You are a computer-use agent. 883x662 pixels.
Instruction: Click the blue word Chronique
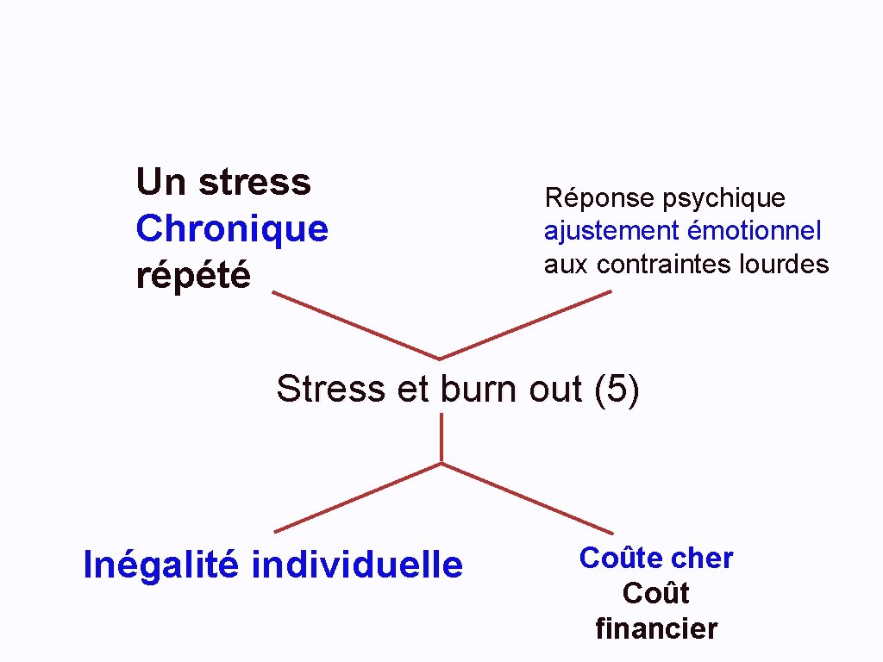click(x=232, y=229)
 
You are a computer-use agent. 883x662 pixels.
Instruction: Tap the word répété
click(x=193, y=276)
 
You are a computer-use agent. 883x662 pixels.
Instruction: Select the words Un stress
click(x=223, y=182)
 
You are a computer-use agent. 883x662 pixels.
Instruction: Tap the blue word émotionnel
click(x=755, y=231)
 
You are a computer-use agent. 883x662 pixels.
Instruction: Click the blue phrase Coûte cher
click(x=656, y=559)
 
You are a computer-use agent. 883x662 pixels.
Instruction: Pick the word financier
click(x=656, y=629)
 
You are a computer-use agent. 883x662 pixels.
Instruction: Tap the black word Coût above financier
click(x=656, y=594)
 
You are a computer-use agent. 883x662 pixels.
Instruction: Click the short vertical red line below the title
click(x=441, y=438)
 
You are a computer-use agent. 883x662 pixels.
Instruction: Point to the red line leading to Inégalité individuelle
click(x=357, y=497)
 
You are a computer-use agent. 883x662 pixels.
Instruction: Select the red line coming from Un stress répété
click(x=355, y=325)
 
